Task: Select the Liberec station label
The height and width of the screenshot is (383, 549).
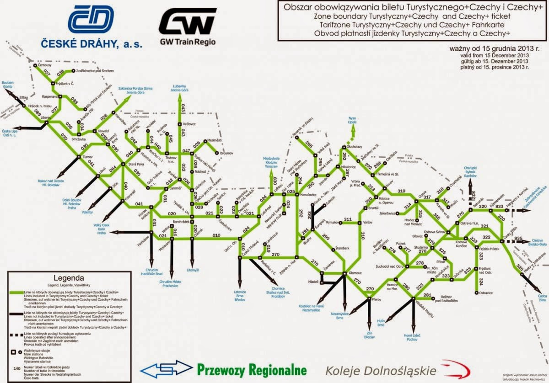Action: [x=45, y=118]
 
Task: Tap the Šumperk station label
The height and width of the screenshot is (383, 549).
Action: [x=321, y=224]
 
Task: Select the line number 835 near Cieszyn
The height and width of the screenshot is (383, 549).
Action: [x=518, y=238]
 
